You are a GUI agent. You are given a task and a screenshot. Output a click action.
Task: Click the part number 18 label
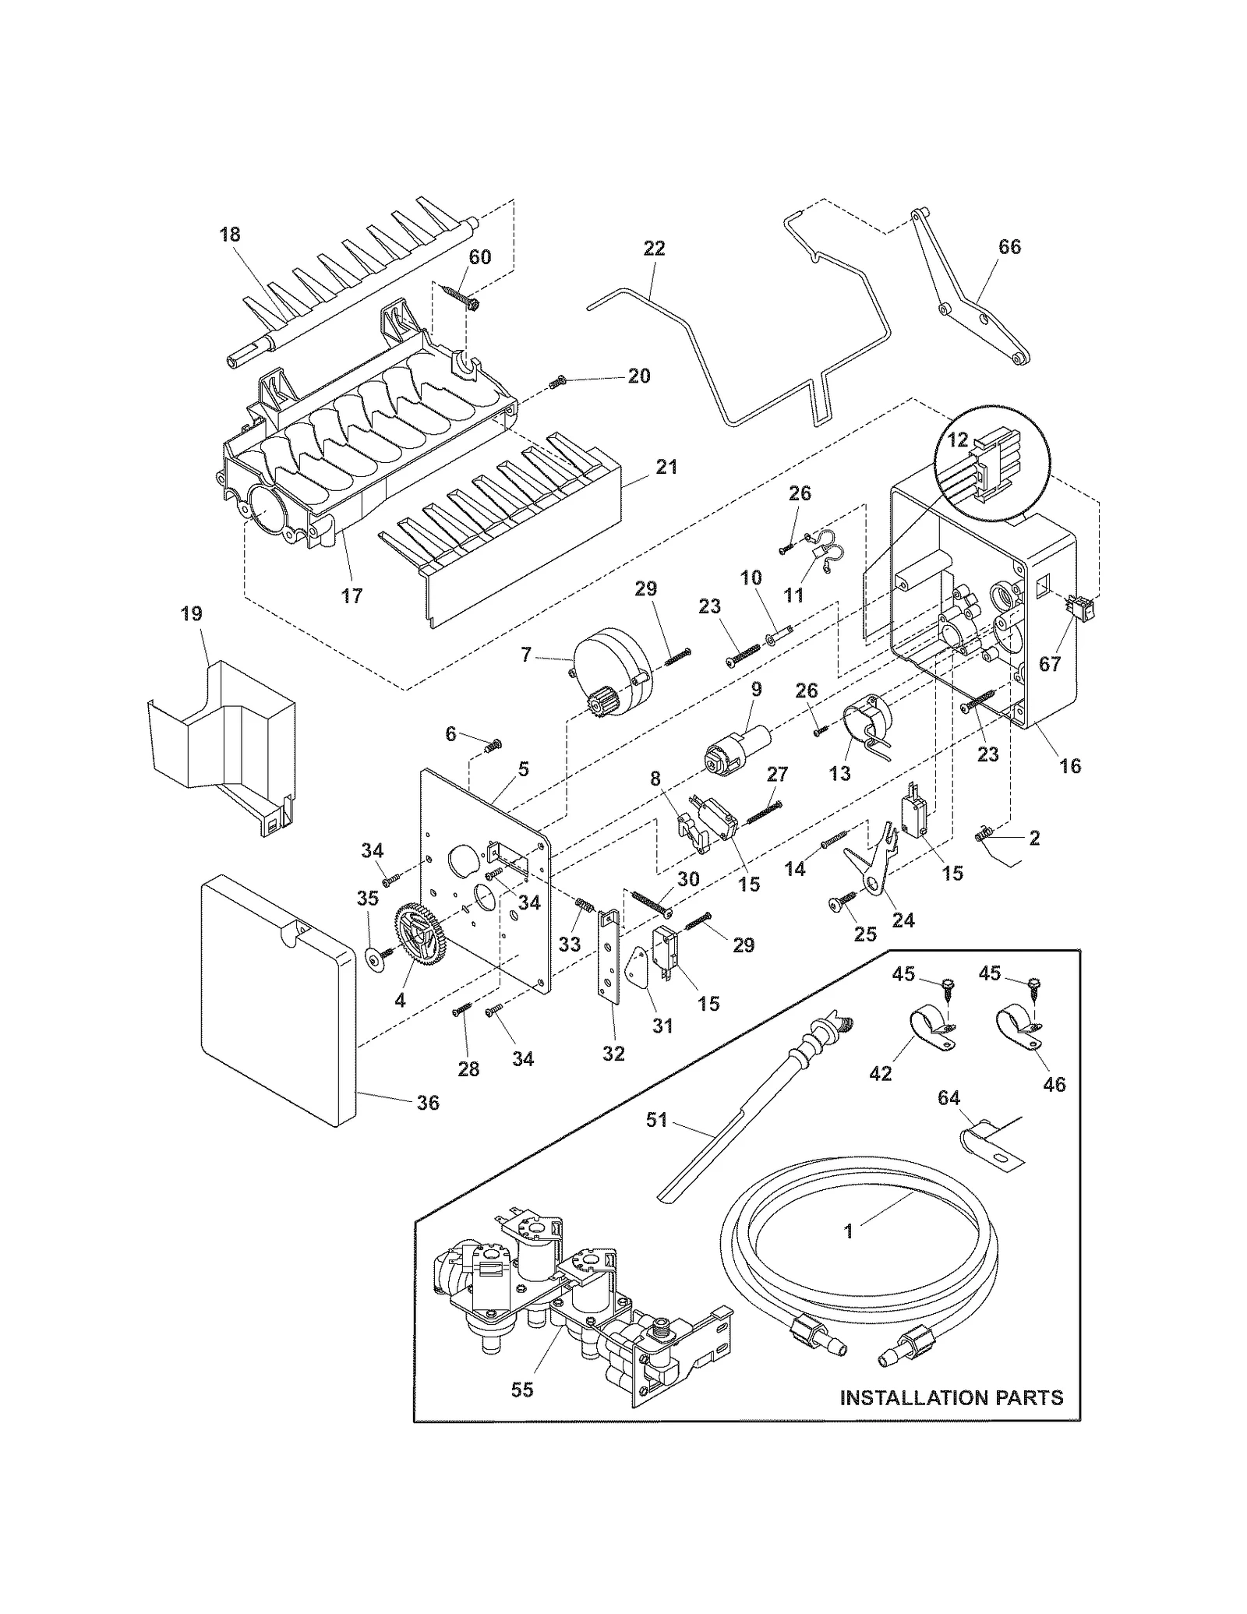229,235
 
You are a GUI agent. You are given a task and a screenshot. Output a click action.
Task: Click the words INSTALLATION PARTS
951,1397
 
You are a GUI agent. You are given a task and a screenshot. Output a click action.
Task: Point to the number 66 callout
1009,247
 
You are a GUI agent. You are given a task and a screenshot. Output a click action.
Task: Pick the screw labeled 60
458,295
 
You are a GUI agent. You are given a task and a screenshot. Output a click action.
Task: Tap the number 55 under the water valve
522,1390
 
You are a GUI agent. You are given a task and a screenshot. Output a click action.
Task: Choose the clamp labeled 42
927,1027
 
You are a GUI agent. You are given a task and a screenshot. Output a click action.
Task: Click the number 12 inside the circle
957,441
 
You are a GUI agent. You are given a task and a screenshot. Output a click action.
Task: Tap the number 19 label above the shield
191,613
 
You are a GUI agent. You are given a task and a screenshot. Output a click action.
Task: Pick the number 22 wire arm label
655,249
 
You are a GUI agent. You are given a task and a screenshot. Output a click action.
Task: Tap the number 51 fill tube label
657,1120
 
